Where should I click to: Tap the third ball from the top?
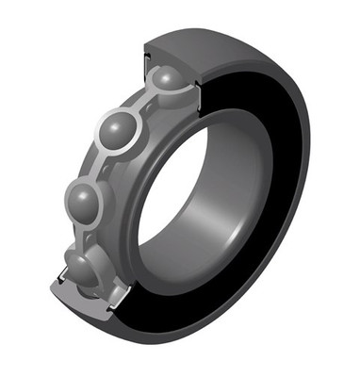click(85, 201)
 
